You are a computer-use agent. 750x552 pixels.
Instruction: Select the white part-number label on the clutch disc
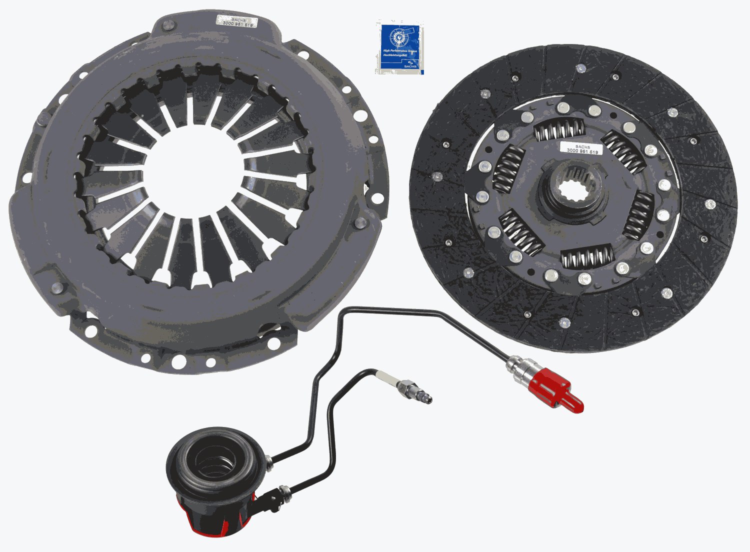pyautogui.click(x=581, y=148)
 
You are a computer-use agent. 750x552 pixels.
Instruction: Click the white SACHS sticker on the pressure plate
pyautogui.click(x=236, y=21)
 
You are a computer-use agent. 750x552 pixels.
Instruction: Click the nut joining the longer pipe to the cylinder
pyautogui.click(x=269, y=461)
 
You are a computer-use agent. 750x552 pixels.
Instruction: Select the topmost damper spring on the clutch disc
pyautogui.click(x=558, y=130)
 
